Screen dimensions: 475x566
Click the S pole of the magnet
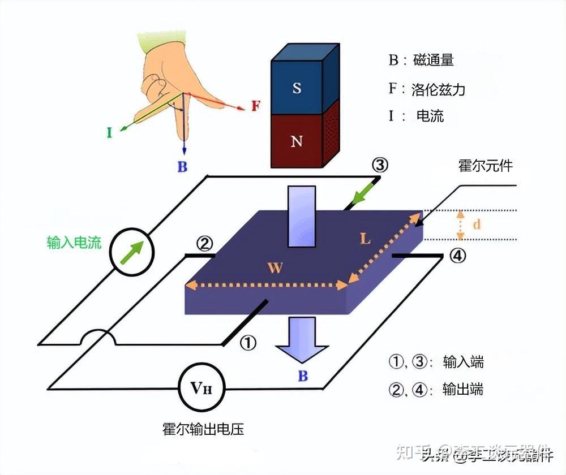tap(296, 88)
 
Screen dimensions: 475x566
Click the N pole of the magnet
tap(296, 141)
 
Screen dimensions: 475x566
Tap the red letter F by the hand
tap(256, 106)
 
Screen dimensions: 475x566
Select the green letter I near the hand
tap(109, 133)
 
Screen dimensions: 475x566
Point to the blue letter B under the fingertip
tap(182, 167)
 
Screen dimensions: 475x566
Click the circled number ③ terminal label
tap(380, 165)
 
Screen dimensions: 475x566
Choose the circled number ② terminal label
tap(204, 244)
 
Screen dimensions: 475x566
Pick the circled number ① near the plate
tap(248, 342)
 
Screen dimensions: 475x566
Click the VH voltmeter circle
tap(202, 387)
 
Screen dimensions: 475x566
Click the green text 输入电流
tap(74, 243)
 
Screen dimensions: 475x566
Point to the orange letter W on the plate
tap(275, 267)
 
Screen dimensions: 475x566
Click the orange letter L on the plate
tap(365, 239)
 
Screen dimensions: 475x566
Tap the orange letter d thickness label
tap(477, 224)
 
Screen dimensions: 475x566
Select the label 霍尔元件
tap(485, 166)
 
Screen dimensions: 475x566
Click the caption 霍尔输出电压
tap(203, 429)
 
